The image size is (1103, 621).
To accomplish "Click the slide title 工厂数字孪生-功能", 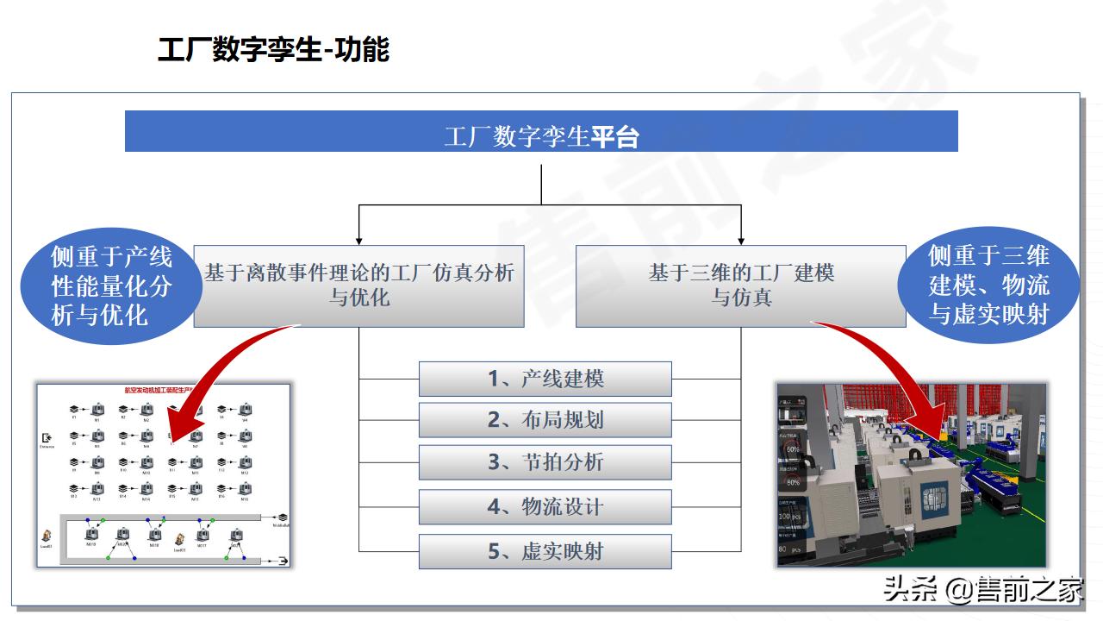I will coord(273,50).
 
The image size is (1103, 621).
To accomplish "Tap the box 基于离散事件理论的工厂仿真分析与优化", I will coord(358,285).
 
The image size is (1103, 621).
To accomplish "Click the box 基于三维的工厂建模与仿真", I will coord(740,285).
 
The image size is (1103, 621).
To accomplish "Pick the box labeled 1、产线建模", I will coord(545,379).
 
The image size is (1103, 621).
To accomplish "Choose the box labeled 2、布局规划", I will coord(545,420).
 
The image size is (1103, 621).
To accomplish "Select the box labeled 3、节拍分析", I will coord(545,462).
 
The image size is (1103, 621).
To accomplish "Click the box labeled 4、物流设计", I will coord(545,507).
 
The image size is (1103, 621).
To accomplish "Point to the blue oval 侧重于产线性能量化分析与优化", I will coord(111,286).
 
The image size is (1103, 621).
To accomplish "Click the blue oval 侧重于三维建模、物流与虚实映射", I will coord(988,286).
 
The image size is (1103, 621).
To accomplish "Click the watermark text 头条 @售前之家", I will coord(982,591).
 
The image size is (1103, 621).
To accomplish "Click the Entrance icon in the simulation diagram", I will coord(47,438).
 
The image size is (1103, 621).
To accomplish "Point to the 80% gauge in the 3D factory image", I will coord(792,482).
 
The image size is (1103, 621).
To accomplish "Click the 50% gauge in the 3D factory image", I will coord(792,449).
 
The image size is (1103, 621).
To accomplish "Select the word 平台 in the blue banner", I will coord(615,136).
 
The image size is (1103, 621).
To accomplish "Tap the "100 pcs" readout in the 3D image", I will coord(790,517).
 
